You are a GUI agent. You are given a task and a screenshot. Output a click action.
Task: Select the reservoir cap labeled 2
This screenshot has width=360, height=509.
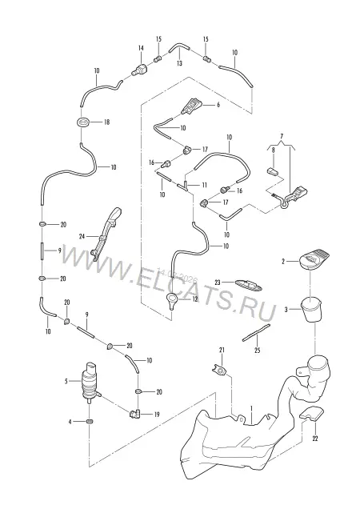[314, 259]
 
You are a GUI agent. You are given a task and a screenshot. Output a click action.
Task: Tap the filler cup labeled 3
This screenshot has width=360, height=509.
[311, 310]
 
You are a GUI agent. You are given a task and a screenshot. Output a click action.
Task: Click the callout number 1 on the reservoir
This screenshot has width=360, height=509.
[251, 408]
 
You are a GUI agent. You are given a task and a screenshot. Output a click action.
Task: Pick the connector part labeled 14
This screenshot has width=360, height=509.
[140, 69]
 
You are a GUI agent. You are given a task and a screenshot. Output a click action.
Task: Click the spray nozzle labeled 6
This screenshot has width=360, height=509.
[193, 106]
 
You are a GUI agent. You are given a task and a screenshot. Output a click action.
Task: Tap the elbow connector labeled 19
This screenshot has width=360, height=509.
[134, 414]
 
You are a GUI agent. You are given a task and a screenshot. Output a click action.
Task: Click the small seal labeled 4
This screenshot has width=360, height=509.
[90, 421]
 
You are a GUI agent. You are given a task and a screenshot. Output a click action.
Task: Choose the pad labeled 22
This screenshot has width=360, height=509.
[311, 415]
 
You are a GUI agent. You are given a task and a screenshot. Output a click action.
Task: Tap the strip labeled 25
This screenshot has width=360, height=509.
[256, 332]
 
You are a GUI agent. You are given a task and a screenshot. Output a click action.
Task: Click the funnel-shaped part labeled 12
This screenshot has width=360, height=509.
[172, 300]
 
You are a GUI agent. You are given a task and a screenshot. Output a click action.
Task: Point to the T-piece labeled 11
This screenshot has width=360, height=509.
[184, 186]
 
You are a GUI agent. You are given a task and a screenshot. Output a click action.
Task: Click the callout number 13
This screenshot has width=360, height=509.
[179, 63]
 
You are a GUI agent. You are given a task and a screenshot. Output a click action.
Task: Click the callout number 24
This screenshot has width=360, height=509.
[82, 236]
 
